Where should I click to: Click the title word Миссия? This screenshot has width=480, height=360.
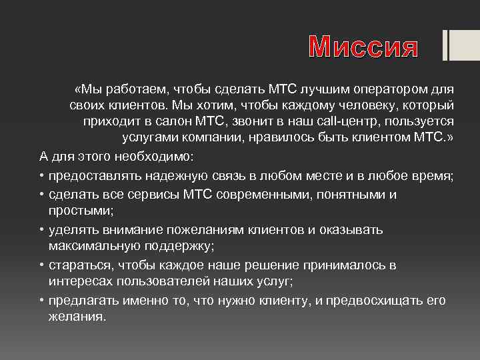pos(364,47)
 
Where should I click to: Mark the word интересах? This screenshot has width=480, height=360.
pos(79,281)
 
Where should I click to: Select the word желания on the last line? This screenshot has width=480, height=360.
pos(77,317)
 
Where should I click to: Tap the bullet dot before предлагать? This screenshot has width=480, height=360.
pos(41,300)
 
